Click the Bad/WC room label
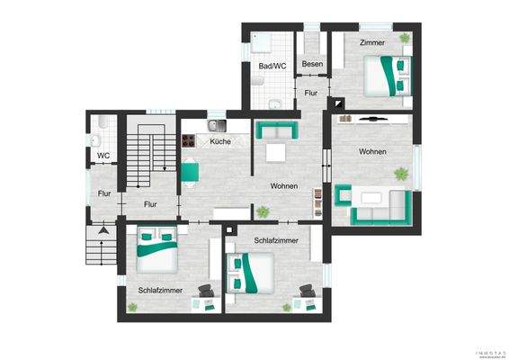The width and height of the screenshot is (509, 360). [x=272, y=66]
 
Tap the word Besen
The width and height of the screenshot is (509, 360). [x=312, y=64]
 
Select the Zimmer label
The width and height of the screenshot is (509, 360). [x=372, y=42]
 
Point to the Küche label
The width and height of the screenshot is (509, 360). [x=220, y=141]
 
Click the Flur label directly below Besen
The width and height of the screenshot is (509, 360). [x=311, y=93]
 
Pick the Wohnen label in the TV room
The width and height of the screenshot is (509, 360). [x=372, y=151]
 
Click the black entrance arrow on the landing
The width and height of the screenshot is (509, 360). [x=104, y=230]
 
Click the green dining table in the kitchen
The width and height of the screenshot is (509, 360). [x=192, y=171]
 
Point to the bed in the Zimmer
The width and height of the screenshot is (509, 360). [x=388, y=76]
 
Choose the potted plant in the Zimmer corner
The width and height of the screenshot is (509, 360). [x=405, y=38]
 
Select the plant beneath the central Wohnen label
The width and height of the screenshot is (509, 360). [x=263, y=211]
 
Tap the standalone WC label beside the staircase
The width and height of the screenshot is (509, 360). [x=103, y=155]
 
